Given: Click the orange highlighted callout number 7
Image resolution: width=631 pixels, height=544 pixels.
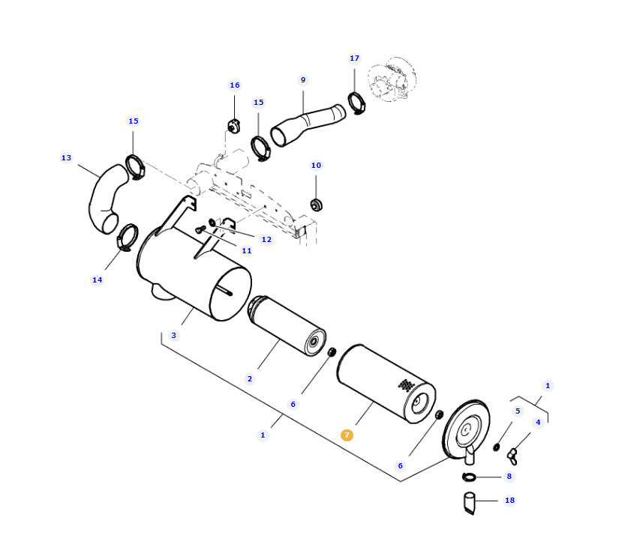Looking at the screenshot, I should click(347, 435).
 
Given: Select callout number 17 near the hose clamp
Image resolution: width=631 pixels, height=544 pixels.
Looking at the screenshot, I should click(354, 58).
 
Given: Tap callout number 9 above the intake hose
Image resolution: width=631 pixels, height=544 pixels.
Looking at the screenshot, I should click(303, 80).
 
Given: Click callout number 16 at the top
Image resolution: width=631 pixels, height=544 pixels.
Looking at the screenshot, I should click(235, 85).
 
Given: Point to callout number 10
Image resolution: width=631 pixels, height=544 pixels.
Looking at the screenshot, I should click(316, 166).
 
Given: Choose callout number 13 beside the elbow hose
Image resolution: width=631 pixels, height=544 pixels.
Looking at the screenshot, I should click(66, 158).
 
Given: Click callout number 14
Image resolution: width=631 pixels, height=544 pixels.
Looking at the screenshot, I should click(97, 280).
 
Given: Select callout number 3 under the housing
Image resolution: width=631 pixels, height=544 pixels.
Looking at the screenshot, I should click(174, 336).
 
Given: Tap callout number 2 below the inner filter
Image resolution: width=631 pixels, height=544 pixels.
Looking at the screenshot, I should click(250, 379).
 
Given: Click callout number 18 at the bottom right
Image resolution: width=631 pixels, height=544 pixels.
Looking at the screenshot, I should click(509, 501).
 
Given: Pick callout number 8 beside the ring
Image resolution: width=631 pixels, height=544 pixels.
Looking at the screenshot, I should click(509, 477).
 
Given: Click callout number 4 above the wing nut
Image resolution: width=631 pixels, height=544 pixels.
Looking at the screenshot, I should click(537, 423).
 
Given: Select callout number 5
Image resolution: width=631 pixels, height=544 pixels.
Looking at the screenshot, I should click(517, 411).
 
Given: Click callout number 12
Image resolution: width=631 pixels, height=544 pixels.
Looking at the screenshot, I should click(266, 240).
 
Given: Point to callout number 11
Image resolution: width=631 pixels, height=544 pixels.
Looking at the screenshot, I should click(247, 250).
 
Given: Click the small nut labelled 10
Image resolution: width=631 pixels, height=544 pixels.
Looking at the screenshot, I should click(316, 204).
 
